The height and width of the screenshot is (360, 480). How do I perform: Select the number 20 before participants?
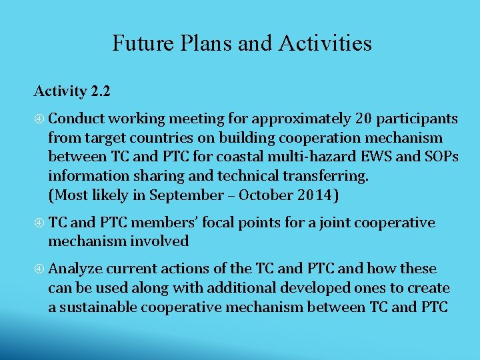pyautogui.click(x=363, y=119)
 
